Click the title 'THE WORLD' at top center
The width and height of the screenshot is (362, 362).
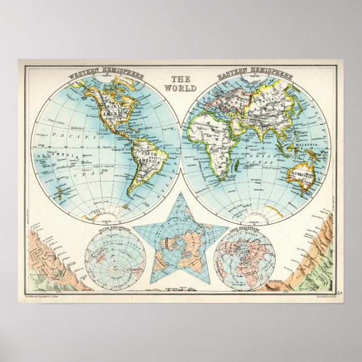(x=180, y=84)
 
